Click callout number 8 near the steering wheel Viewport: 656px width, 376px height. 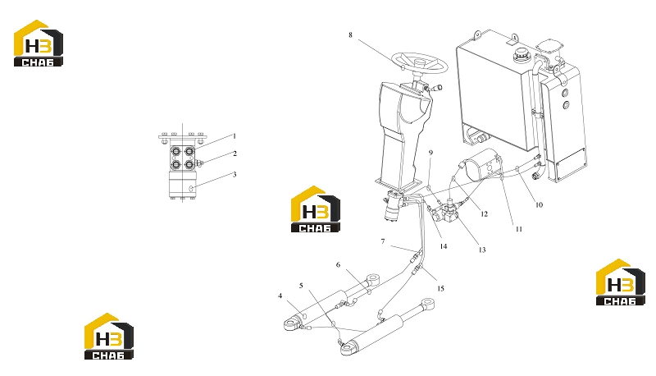(x=351, y=34)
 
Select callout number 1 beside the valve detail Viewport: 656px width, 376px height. (x=235, y=136)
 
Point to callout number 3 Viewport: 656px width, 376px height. (x=235, y=174)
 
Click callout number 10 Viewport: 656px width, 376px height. (x=539, y=204)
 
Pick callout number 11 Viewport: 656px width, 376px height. (x=519, y=229)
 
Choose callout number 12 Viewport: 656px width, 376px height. (x=485, y=214)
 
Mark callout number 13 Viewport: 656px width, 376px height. (x=482, y=250)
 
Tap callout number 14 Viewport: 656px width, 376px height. (x=444, y=246)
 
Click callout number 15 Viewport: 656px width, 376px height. (x=440, y=288)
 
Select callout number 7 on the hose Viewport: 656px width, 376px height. (x=382, y=241)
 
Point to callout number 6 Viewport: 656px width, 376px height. (x=338, y=264)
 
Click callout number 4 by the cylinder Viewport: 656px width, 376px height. (x=280, y=296)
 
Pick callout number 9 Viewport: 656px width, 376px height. (x=430, y=153)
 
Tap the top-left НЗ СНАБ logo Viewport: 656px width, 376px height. (x=39, y=44)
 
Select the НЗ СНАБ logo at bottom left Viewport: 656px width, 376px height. (x=109, y=337)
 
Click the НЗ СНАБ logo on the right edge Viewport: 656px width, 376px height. (x=621, y=282)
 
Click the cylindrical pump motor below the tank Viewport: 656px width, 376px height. (x=481, y=164)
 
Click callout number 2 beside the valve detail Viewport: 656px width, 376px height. (x=235, y=154)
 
